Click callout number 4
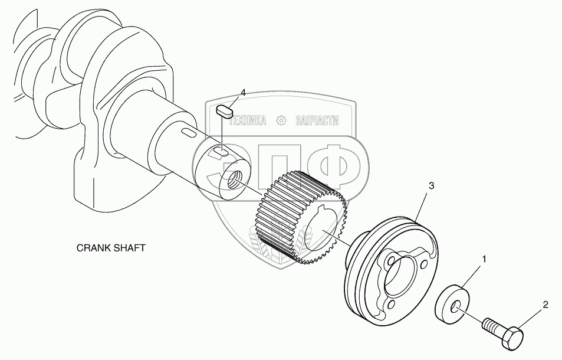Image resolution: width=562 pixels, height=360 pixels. (x=243, y=93)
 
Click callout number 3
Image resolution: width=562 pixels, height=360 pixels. (x=432, y=186)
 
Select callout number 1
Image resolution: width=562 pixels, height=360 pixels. (x=484, y=259)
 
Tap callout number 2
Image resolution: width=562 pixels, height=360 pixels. (x=545, y=305)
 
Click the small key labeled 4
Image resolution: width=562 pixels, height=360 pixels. (x=225, y=110)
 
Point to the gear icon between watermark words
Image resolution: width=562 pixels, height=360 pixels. (x=281, y=120)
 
